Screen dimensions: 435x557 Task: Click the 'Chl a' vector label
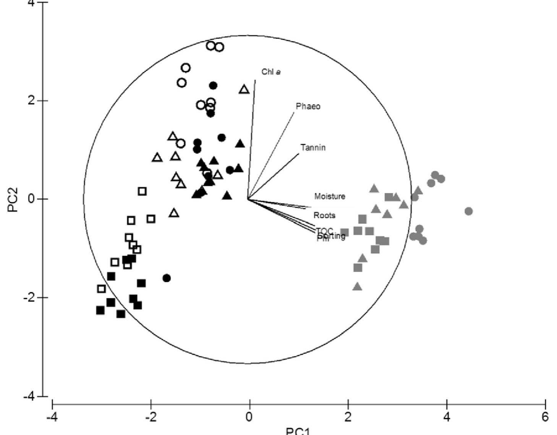point(271,72)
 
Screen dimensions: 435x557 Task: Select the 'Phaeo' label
point(308,107)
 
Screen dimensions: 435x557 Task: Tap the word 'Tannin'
point(313,148)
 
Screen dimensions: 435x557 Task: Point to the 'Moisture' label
point(329,196)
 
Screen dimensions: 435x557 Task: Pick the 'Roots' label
point(324,215)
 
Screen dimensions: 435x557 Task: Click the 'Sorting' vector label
point(332,236)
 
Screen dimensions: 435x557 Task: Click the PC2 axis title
point(13,199)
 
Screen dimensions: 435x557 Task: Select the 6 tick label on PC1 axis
point(545,417)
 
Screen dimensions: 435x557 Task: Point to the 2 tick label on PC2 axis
point(31,100)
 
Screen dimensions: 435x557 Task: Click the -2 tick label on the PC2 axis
point(29,297)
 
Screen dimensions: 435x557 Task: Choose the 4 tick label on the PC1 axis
point(447,417)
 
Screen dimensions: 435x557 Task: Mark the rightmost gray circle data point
point(469,211)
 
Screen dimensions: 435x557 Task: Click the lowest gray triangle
point(358,286)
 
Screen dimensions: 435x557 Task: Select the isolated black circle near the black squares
point(167,278)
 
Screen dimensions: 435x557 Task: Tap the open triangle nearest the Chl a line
point(244,89)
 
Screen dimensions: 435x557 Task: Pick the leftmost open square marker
point(101,289)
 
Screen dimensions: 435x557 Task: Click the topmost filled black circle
point(213,86)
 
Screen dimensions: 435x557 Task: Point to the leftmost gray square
point(345,232)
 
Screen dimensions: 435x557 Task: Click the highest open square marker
point(142,191)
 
